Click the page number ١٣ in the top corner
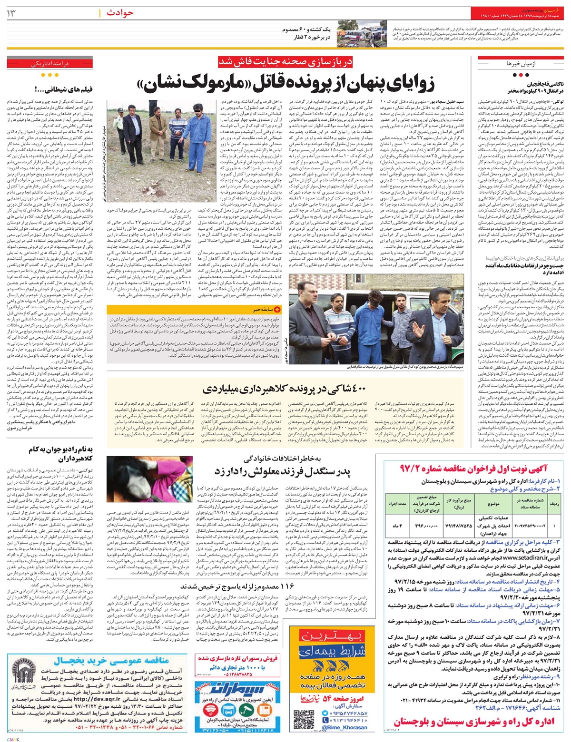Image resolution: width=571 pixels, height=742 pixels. coord(10,13)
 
